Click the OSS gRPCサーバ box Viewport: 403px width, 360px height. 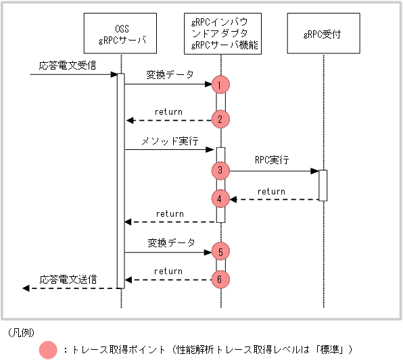point(121,34)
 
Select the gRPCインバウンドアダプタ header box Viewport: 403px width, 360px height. point(220,34)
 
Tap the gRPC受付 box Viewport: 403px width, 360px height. point(323,34)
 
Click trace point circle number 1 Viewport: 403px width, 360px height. point(220,84)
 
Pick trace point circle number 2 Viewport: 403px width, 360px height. point(220,120)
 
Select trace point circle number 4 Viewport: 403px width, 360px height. point(220,199)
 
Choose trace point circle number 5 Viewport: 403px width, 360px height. point(220,252)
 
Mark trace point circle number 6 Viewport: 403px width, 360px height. point(220,279)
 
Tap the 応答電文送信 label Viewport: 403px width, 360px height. point(68,278)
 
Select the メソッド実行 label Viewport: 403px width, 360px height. point(169,141)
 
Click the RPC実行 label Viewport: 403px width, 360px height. point(271,161)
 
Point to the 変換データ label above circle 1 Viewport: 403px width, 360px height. point(169,74)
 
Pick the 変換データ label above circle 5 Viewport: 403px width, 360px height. point(170,242)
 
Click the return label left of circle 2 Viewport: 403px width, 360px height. point(168,111)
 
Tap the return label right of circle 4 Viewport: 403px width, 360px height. point(271,191)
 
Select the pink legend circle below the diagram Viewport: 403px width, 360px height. point(48,350)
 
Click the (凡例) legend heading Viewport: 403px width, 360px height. point(21,332)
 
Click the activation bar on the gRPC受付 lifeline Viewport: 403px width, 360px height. point(323,185)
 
